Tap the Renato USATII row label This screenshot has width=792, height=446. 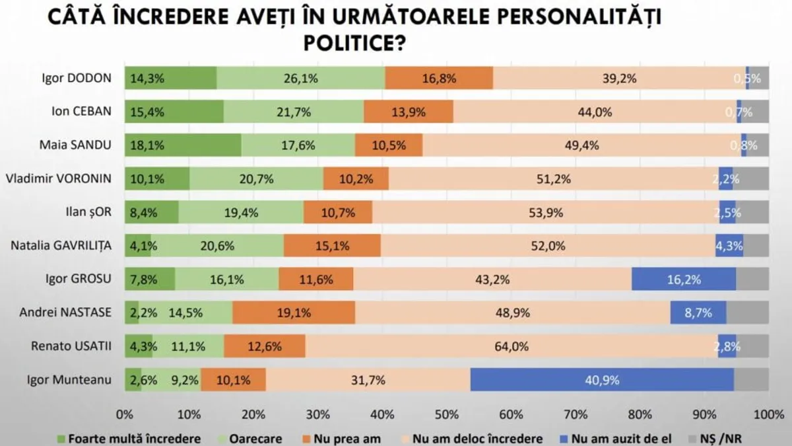[72, 346]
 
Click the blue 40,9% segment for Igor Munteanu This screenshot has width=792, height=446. [602, 380]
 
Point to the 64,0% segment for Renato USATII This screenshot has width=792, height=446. [511, 346]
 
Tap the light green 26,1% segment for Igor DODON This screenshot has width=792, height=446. [301, 79]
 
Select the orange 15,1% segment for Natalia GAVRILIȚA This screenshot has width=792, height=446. [332, 246]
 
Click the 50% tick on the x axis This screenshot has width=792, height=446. [447, 415]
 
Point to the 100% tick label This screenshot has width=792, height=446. [768, 415]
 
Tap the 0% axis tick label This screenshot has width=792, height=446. [124, 415]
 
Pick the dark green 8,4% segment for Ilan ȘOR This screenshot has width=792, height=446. [151, 212]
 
